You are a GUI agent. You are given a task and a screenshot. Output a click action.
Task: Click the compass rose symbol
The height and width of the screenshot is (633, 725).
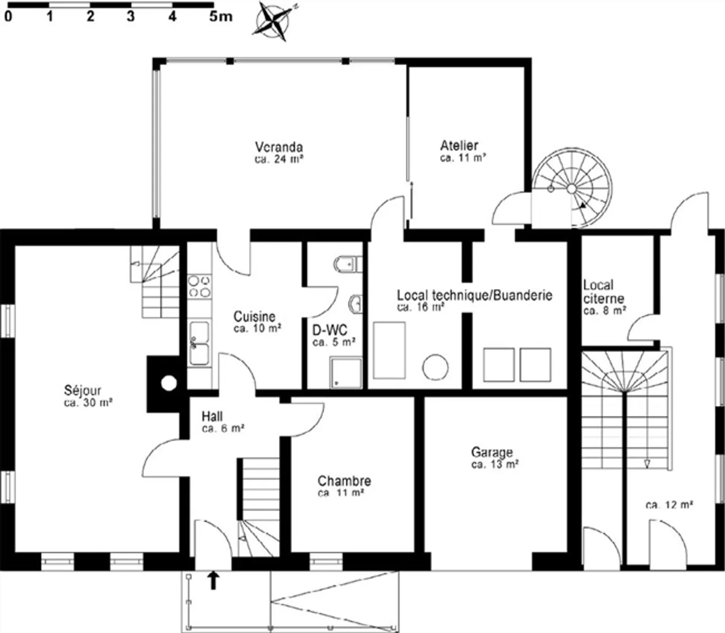point(274,21)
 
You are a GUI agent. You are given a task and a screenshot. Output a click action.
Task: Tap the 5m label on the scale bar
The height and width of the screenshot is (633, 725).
point(221,17)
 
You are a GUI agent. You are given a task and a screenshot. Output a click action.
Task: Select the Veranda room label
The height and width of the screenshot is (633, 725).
point(278,147)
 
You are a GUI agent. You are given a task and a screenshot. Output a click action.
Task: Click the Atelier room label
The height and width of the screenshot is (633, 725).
point(459,146)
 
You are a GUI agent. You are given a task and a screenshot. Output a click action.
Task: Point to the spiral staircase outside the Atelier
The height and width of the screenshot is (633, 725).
point(572,188)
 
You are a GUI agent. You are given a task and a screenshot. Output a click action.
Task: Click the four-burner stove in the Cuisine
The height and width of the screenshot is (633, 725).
point(199,287)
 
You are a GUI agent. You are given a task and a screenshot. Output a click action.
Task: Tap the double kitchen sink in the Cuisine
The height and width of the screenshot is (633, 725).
point(199,343)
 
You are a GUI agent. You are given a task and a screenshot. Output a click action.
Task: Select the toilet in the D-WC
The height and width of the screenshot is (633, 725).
point(347,263)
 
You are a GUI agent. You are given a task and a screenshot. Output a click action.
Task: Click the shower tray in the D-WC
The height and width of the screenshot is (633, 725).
point(346,373)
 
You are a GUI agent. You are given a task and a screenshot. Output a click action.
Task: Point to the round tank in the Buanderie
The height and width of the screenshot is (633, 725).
point(435,367)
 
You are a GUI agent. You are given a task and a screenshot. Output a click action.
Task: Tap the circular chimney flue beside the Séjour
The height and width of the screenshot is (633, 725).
point(169,384)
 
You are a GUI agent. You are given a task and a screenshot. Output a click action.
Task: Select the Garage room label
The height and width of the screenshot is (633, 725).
point(492,452)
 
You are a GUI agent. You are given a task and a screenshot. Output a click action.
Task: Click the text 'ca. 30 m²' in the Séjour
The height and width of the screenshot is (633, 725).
point(88,403)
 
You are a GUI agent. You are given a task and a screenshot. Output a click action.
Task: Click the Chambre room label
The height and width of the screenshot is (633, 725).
point(344,480)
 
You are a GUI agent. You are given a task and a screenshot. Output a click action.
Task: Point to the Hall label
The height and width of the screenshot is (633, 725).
point(212,416)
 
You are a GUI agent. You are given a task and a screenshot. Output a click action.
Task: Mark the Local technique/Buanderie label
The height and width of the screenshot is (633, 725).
point(474,295)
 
